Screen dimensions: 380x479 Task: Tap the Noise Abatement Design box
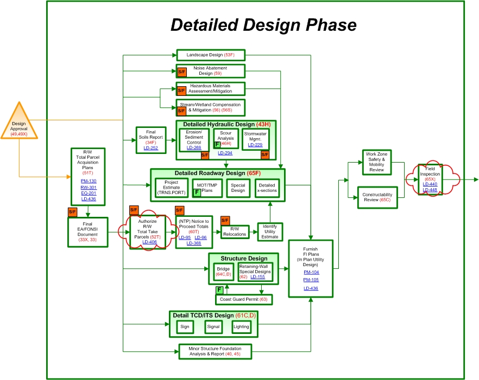[x=210, y=71]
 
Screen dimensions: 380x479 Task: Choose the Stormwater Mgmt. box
[x=256, y=139]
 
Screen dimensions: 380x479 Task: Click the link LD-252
[x=150, y=147]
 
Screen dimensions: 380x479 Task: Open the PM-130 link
[x=89, y=181]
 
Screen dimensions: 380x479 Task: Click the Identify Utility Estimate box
[x=270, y=231]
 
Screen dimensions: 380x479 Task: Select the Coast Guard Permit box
[x=244, y=299]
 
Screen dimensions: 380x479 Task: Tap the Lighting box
[x=241, y=327]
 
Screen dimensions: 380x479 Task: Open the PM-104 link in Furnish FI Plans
[x=311, y=272]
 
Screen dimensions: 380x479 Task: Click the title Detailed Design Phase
[x=263, y=25]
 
